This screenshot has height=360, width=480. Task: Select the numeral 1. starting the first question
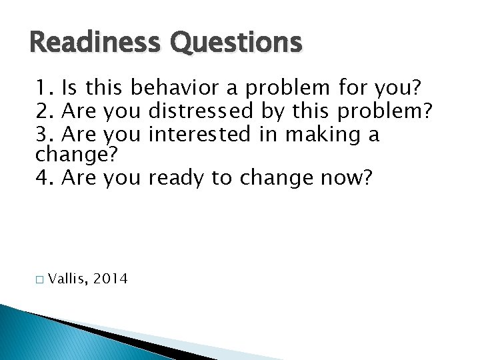point(45,88)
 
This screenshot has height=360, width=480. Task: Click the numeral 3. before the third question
point(45,135)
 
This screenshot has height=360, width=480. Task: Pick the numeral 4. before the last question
point(45,179)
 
